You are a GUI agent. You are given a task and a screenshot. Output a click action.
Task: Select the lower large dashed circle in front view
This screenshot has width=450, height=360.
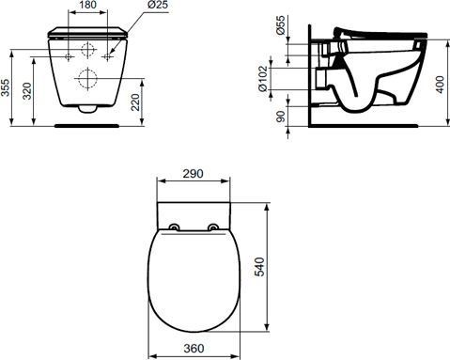(87, 78)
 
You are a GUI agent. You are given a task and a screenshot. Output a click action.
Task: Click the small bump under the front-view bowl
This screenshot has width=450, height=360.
(87, 109)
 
